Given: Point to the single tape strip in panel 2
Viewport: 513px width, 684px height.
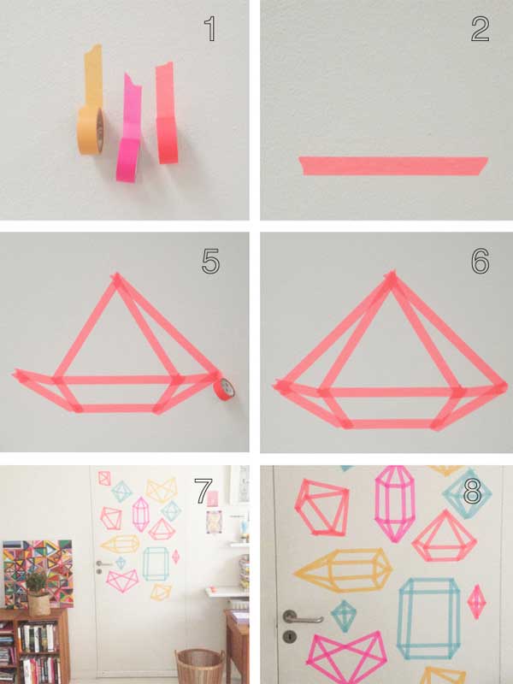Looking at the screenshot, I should (x=393, y=165).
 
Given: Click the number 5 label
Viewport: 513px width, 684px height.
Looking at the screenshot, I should (x=211, y=261).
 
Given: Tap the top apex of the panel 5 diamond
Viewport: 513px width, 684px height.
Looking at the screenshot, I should (x=116, y=280).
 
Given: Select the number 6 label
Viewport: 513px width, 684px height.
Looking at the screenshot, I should (x=480, y=261).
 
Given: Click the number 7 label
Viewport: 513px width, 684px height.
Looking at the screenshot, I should (x=203, y=492).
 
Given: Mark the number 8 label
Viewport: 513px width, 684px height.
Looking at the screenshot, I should (x=472, y=492).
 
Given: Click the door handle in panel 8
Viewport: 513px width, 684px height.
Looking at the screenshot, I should (x=301, y=616).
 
